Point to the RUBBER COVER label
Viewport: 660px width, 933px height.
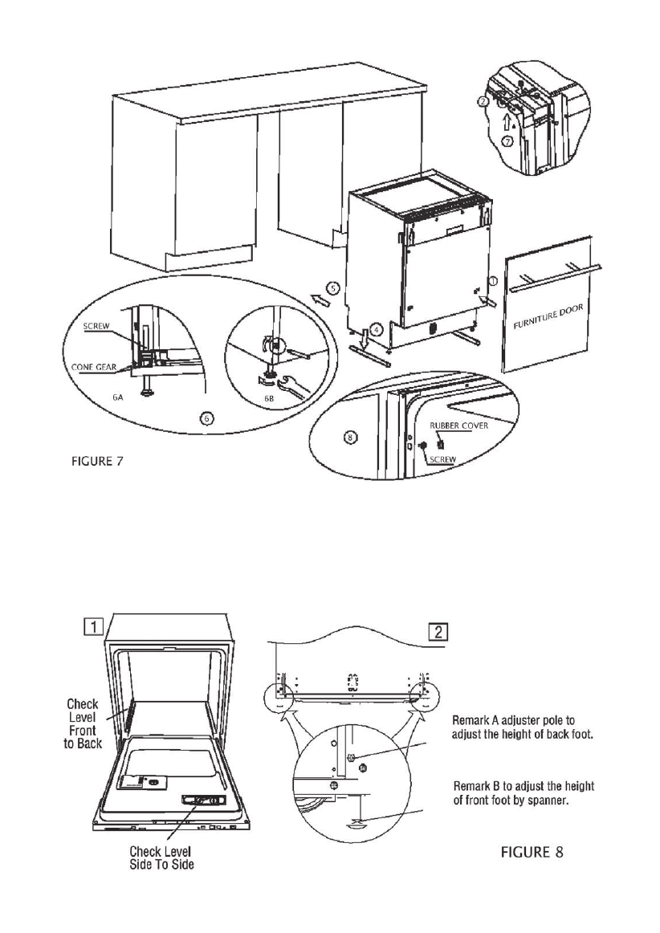tap(447, 426)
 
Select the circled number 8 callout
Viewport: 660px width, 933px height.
tap(350, 437)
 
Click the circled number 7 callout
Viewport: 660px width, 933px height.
tap(507, 142)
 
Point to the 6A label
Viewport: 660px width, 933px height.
tap(118, 397)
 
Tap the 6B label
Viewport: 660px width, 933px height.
tap(271, 397)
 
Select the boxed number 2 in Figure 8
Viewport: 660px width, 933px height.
tap(439, 631)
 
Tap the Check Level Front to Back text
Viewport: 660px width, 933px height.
tap(83, 724)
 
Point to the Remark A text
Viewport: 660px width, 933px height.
tap(523, 727)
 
